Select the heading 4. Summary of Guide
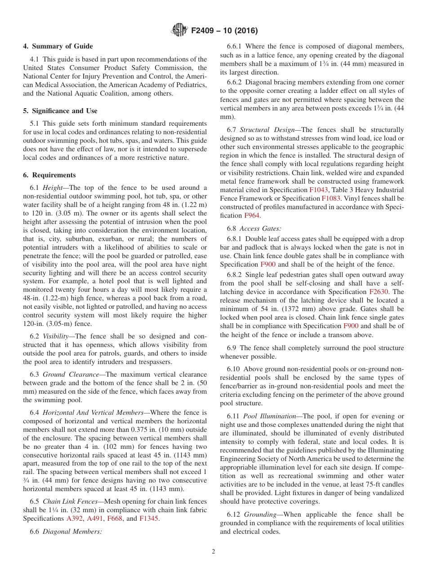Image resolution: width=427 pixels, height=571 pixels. coord(58,46)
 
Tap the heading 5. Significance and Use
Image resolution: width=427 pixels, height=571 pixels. coord(60,111)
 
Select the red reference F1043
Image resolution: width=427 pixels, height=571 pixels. coord(318,189)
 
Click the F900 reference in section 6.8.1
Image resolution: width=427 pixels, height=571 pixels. coord(268,264)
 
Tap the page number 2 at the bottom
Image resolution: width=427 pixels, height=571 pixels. coord(213,552)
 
